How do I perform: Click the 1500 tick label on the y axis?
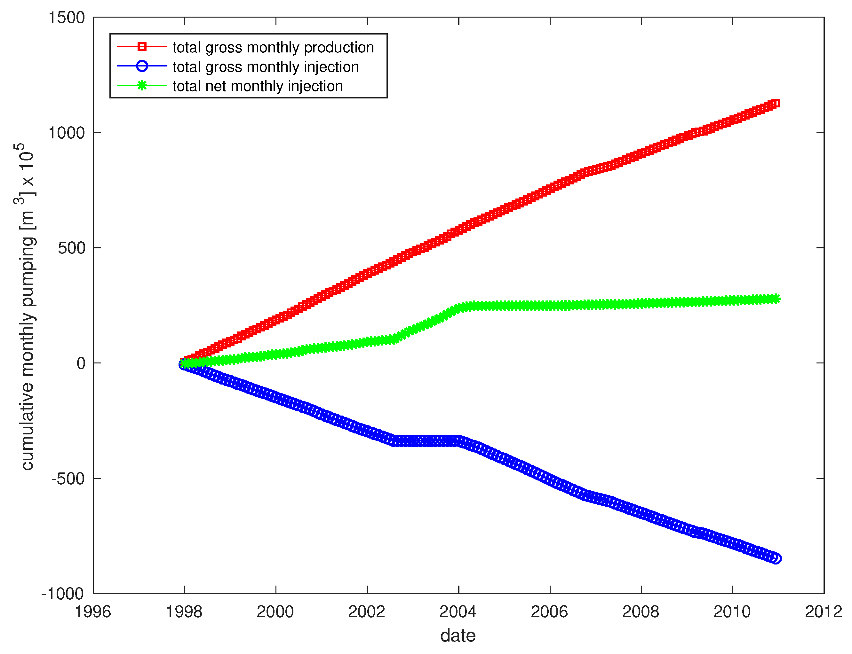[x=66, y=18]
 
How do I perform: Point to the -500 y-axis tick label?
[x=68, y=479]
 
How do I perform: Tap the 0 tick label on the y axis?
[x=81, y=363]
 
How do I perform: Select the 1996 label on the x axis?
[x=93, y=612]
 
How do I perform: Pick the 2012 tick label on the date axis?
[x=823, y=612]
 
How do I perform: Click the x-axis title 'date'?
[x=458, y=635]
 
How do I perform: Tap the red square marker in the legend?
[x=142, y=47]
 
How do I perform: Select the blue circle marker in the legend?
[x=142, y=66]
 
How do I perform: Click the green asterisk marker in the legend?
[x=142, y=85]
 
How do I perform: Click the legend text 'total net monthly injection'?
[x=258, y=86]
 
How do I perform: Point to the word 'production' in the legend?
[x=338, y=48]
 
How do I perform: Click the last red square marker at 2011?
[x=776, y=103]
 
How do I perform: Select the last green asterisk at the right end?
[x=776, y=299]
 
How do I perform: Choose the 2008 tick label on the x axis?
[x=641, y=612]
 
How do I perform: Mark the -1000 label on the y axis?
[x=63, y=594]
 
